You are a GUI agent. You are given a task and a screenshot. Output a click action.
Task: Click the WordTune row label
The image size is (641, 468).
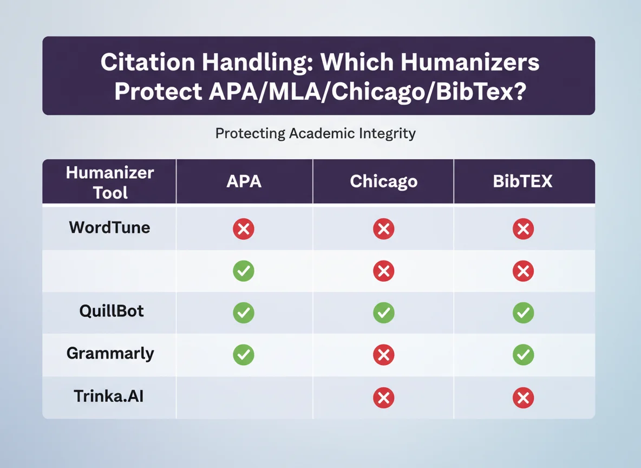[x=109, y=227]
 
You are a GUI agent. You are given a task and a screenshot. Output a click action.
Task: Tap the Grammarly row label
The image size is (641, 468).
[x=110, y=354]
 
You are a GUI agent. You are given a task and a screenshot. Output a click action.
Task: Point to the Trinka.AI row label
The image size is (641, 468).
[x=108, y=396]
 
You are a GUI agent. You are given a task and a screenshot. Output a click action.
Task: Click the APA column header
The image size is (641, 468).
[x=244, y=181]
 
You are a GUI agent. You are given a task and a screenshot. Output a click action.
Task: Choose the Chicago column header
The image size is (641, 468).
[x=383, y=181]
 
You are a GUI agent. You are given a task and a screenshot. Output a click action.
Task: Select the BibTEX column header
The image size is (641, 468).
[x=522, y=181]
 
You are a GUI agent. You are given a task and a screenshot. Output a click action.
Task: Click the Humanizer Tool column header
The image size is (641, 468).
[x=110, y=183]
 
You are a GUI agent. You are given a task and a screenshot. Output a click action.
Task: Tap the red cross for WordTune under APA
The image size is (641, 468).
[x=244, y=229]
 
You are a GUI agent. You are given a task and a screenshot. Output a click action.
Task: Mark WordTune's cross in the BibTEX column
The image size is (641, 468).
[x=523, y=229]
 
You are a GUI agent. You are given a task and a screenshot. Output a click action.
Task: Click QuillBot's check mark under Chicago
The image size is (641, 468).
[x=384, y=313]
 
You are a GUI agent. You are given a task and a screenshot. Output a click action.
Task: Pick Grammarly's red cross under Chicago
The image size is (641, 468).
[x=384, y=355]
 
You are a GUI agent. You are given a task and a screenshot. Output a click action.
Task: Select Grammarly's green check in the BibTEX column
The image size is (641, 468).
[x=523, y=355]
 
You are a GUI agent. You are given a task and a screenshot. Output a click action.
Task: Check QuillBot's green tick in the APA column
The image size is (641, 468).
[x=244, y=313]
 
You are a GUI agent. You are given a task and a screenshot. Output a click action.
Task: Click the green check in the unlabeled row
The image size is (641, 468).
[x=244, y=271]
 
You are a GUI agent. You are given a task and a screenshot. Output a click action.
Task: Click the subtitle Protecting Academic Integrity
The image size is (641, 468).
[x=315, y=133]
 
